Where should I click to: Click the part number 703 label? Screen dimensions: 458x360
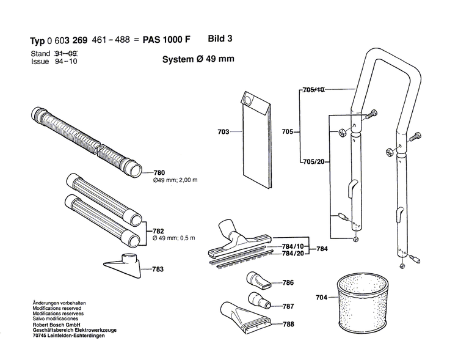tap(224, 132)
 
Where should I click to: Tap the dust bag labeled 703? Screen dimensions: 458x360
tap(256, 140)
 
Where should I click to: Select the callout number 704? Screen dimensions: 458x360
tap(322, 298)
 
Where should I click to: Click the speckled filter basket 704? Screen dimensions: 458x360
tap(362, 304)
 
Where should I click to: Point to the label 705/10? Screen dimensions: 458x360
tap(314, 90)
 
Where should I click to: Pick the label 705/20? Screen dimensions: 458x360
tap(314, 162)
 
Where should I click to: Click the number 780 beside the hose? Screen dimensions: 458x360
tap(159, 173)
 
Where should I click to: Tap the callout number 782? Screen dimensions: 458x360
tap(158, 231)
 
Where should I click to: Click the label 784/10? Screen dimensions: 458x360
tap(293, 246)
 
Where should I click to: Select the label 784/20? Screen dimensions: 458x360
tap(293, 253)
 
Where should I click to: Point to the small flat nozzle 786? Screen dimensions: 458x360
tap(258, 281)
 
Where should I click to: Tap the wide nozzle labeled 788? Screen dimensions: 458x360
tap(246, 318)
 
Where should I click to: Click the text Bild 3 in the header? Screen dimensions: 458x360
tap(220, 39)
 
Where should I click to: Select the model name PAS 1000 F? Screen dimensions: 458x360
tap(166, 40)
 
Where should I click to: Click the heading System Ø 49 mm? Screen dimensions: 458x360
tap(198, 59)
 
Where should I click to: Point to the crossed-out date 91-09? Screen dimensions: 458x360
tap(66, 54)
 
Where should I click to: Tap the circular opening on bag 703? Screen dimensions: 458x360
tap(248, 100)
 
